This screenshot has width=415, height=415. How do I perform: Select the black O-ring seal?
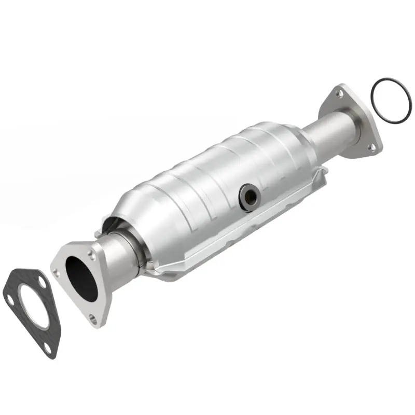point(391,100)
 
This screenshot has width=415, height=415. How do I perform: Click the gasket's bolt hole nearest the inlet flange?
point(42,280)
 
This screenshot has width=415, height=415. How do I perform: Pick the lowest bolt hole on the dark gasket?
point(48,347)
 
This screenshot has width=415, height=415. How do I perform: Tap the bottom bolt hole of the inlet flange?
point(93,317)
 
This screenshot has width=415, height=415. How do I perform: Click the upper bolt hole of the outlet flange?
point(339,94)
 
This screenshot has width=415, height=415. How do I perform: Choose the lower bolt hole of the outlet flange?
point(371,147)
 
